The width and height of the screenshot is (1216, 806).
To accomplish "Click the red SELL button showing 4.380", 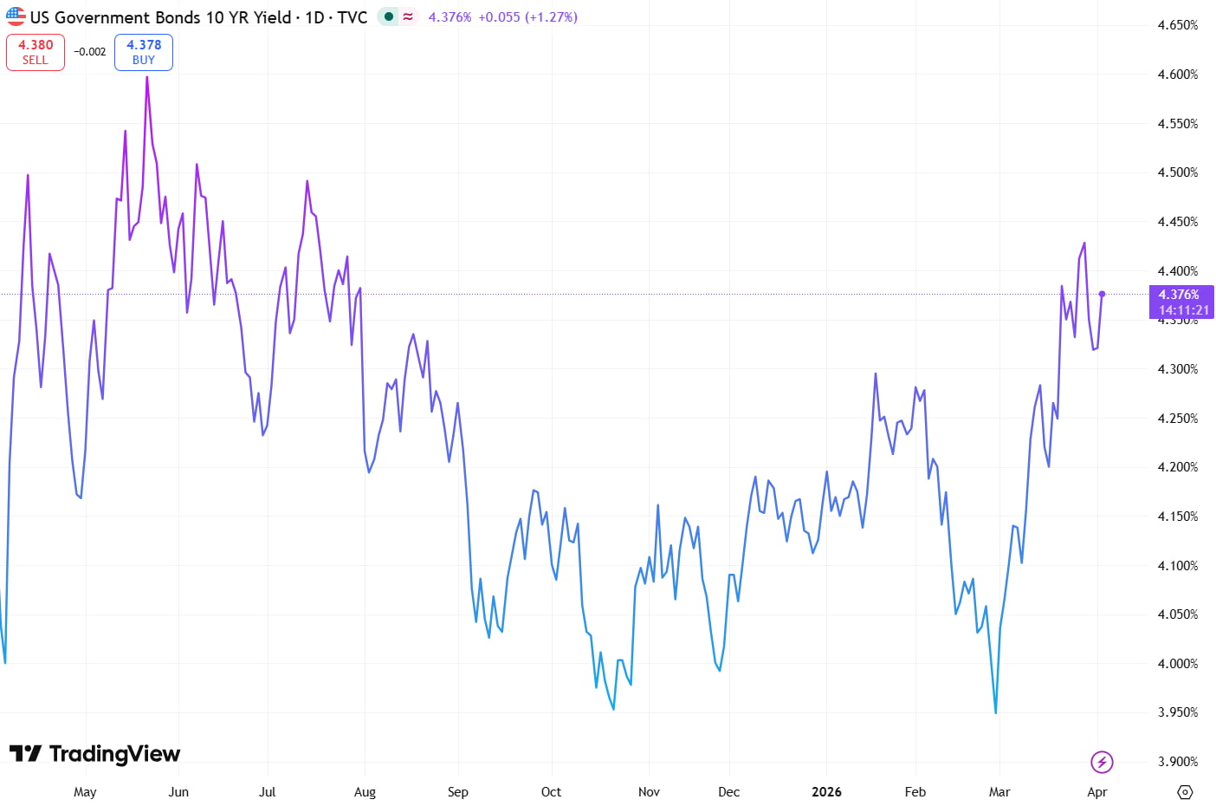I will click(36, 52).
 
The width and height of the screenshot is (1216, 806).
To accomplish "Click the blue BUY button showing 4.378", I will click(144, 52).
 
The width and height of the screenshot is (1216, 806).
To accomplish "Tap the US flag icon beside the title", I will click(16, 16).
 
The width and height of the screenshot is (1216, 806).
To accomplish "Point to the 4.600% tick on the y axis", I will click(1177, 75).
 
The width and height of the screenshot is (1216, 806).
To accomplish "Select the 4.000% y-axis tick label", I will click(1177, 664).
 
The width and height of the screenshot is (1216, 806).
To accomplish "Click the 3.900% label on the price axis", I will click(1177, 762).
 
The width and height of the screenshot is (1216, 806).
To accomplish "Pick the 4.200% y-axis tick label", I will click(1177, 467).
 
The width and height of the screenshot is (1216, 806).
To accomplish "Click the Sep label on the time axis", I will click(457, 792).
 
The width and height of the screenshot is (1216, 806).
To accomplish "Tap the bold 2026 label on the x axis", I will click(825, 792).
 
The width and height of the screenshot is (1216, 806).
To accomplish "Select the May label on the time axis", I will click(85, 792).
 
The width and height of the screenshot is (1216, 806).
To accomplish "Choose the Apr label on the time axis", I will click(1096, 792).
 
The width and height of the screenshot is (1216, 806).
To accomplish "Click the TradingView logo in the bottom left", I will click(94, 754).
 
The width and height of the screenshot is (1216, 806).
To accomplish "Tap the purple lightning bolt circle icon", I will click(1102, 763).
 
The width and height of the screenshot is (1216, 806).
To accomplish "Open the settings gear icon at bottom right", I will click(1185, 792).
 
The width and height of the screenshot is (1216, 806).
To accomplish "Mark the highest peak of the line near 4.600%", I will click(147, 77).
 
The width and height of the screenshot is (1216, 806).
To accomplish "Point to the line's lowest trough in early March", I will click(996, 712).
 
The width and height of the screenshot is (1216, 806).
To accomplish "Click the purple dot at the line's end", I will click(1102, 294).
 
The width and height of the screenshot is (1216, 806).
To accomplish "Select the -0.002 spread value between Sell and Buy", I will click(89, 52).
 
